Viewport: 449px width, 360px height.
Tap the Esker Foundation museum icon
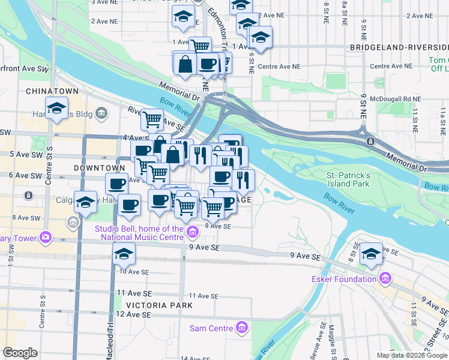tap(384, 279)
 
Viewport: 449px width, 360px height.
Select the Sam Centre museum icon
tap(241, 328)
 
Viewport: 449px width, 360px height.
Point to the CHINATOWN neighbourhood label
tap(52, 91)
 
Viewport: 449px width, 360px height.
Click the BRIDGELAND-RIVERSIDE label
tap(398, 47)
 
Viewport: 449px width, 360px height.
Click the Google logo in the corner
tap(20, 353)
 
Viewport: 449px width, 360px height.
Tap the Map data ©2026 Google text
tap(412, 355)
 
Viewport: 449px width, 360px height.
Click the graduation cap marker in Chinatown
tap(56, 109)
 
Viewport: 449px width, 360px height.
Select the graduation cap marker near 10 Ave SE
tap(124, 254)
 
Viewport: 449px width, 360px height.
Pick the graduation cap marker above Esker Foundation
tap(372, 254)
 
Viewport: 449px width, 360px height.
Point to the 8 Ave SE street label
tap(218, 226)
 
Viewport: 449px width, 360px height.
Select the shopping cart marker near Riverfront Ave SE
tap(152, 120)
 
